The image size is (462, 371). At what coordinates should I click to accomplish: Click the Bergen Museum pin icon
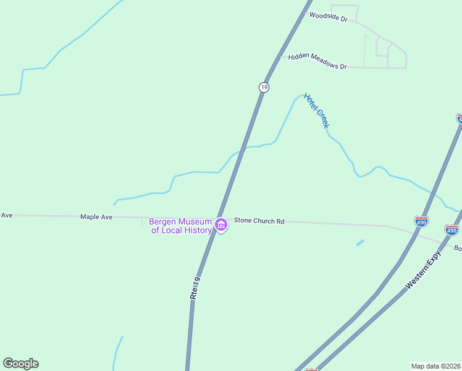220,226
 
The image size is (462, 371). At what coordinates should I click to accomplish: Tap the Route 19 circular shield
264,87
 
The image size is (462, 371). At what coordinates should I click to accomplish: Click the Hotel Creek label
317,110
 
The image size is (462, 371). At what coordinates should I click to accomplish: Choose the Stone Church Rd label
259,221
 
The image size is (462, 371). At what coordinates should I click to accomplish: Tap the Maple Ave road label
96,216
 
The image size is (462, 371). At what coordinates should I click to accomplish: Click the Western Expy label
424,270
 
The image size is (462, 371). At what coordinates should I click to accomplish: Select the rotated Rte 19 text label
195,288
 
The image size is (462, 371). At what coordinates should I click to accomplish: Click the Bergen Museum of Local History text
181,226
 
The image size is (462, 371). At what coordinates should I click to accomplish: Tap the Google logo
20,364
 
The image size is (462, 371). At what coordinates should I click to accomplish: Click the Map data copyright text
436,365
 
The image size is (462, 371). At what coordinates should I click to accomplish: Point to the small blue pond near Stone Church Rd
360,243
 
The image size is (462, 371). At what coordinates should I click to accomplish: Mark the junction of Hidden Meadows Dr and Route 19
279,57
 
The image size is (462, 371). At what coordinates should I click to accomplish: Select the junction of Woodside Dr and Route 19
304,11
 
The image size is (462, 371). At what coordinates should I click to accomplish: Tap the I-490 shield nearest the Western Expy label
451,231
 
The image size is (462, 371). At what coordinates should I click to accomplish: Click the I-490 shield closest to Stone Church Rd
421,220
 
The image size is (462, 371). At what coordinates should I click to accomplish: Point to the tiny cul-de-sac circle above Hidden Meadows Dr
366,36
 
